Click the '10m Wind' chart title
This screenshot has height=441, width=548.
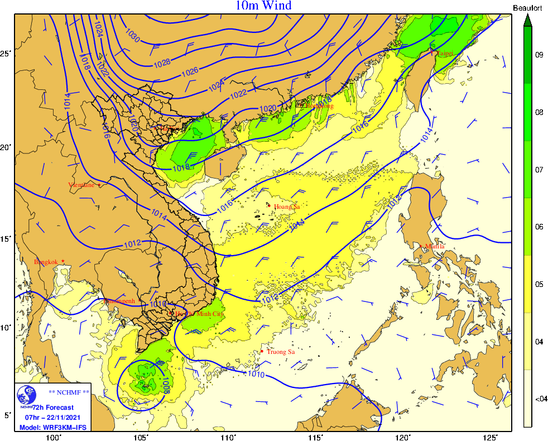pyautogui.click(x=263, y=6)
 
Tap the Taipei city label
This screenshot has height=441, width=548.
pyautogui.click(x=445, y=53)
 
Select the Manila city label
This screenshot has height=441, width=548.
pyautogui.click(x=435, y=246)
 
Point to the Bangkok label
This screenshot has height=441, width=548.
pyautogui.click(x=46, y=262)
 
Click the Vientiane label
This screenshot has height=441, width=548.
pyautogui.click(x=81, y=185)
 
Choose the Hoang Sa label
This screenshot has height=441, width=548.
pyautogui.click(x=287, y=207)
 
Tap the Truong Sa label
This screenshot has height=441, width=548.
pyautogui.click(x=280, y=352)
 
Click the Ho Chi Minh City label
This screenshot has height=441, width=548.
pyautogui.click(x=200, y=314)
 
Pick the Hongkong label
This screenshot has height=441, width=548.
pyautogui.click(x=318, y=106)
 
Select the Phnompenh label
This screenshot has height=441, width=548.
pyautogui.click(x=119, y=301)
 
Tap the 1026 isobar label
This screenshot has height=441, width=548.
pyautogui.click(x=190, y=71)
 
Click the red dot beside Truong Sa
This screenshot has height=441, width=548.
pyautogui.click(x=262, y=351)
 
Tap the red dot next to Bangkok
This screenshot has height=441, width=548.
pyautogui.click(x=63, y=261)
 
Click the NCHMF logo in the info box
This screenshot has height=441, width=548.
pyautogui.click(x=26, y=396)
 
